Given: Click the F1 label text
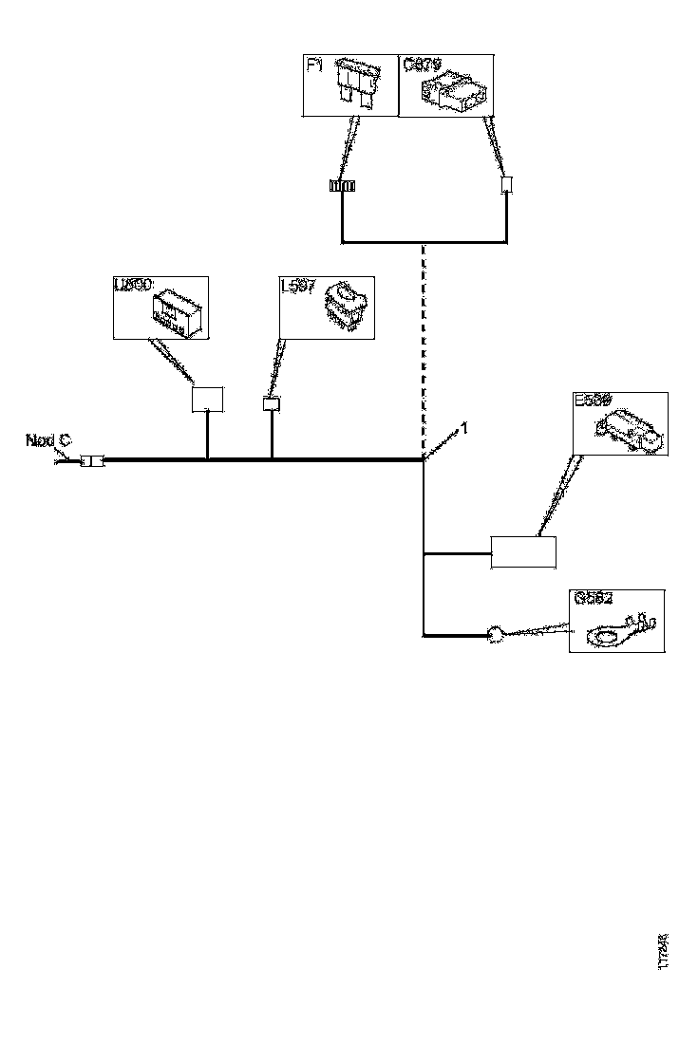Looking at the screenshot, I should (315, 65).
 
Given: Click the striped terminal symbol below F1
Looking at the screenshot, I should (342, 187).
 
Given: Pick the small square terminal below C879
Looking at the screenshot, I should (506, 185).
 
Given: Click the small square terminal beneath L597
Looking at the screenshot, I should (272, 404).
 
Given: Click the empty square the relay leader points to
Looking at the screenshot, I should (207, 398).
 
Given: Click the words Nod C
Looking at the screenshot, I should (47, 440).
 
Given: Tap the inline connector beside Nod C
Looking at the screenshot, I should (92, 461).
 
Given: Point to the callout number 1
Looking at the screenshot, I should (464, 428).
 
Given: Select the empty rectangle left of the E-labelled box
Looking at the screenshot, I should (522, 551).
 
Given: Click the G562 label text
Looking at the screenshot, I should (594, 599).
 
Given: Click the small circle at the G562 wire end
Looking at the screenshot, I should (494, 634).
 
